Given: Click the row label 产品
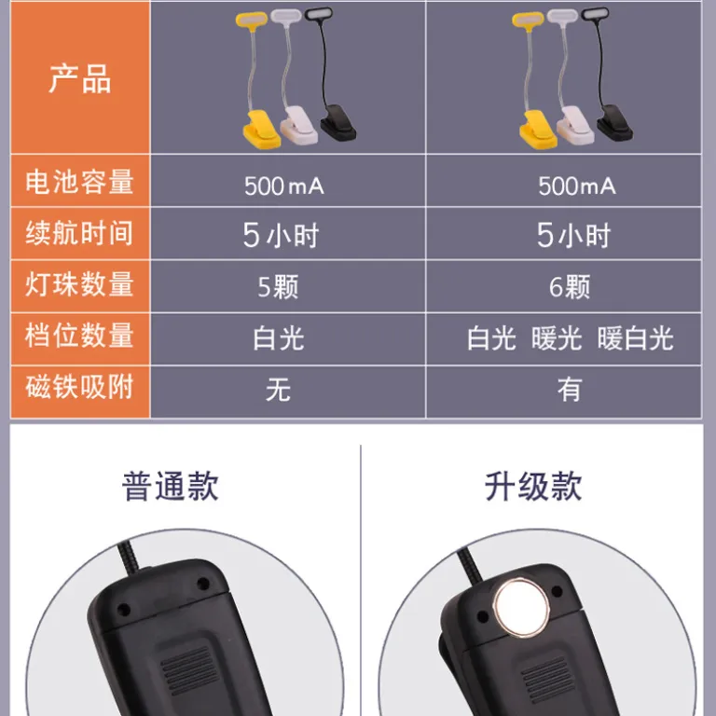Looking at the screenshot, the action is click(80, 78).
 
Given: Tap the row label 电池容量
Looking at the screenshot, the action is click(79, 181).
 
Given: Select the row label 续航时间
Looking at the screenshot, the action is click(79, 233).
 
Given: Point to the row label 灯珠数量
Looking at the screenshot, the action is click(79, 284).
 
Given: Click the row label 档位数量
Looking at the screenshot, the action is click(79, 336).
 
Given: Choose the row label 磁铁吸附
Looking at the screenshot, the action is click(79, 387).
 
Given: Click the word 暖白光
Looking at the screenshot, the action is click(635, 338).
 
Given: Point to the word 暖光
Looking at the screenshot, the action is click(557, 338).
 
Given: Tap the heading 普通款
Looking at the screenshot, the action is click(171, 487).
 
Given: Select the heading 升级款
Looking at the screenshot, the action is click(533, 487).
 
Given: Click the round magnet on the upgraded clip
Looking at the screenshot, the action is click(521, 608).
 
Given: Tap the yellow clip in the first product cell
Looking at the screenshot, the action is click(261, 130).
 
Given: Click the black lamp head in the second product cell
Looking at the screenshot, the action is click(596, 14).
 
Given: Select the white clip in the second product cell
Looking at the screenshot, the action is click(576, 126).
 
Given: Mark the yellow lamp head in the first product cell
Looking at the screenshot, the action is click(251, 20).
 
